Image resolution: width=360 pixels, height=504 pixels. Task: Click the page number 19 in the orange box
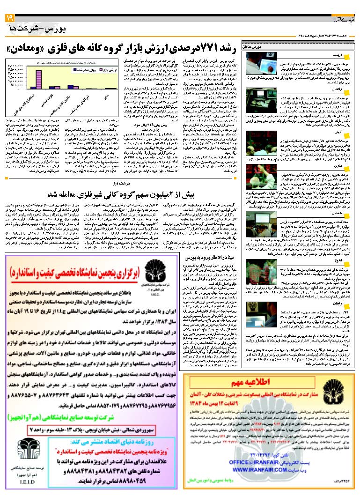click(x=9, y=17)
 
